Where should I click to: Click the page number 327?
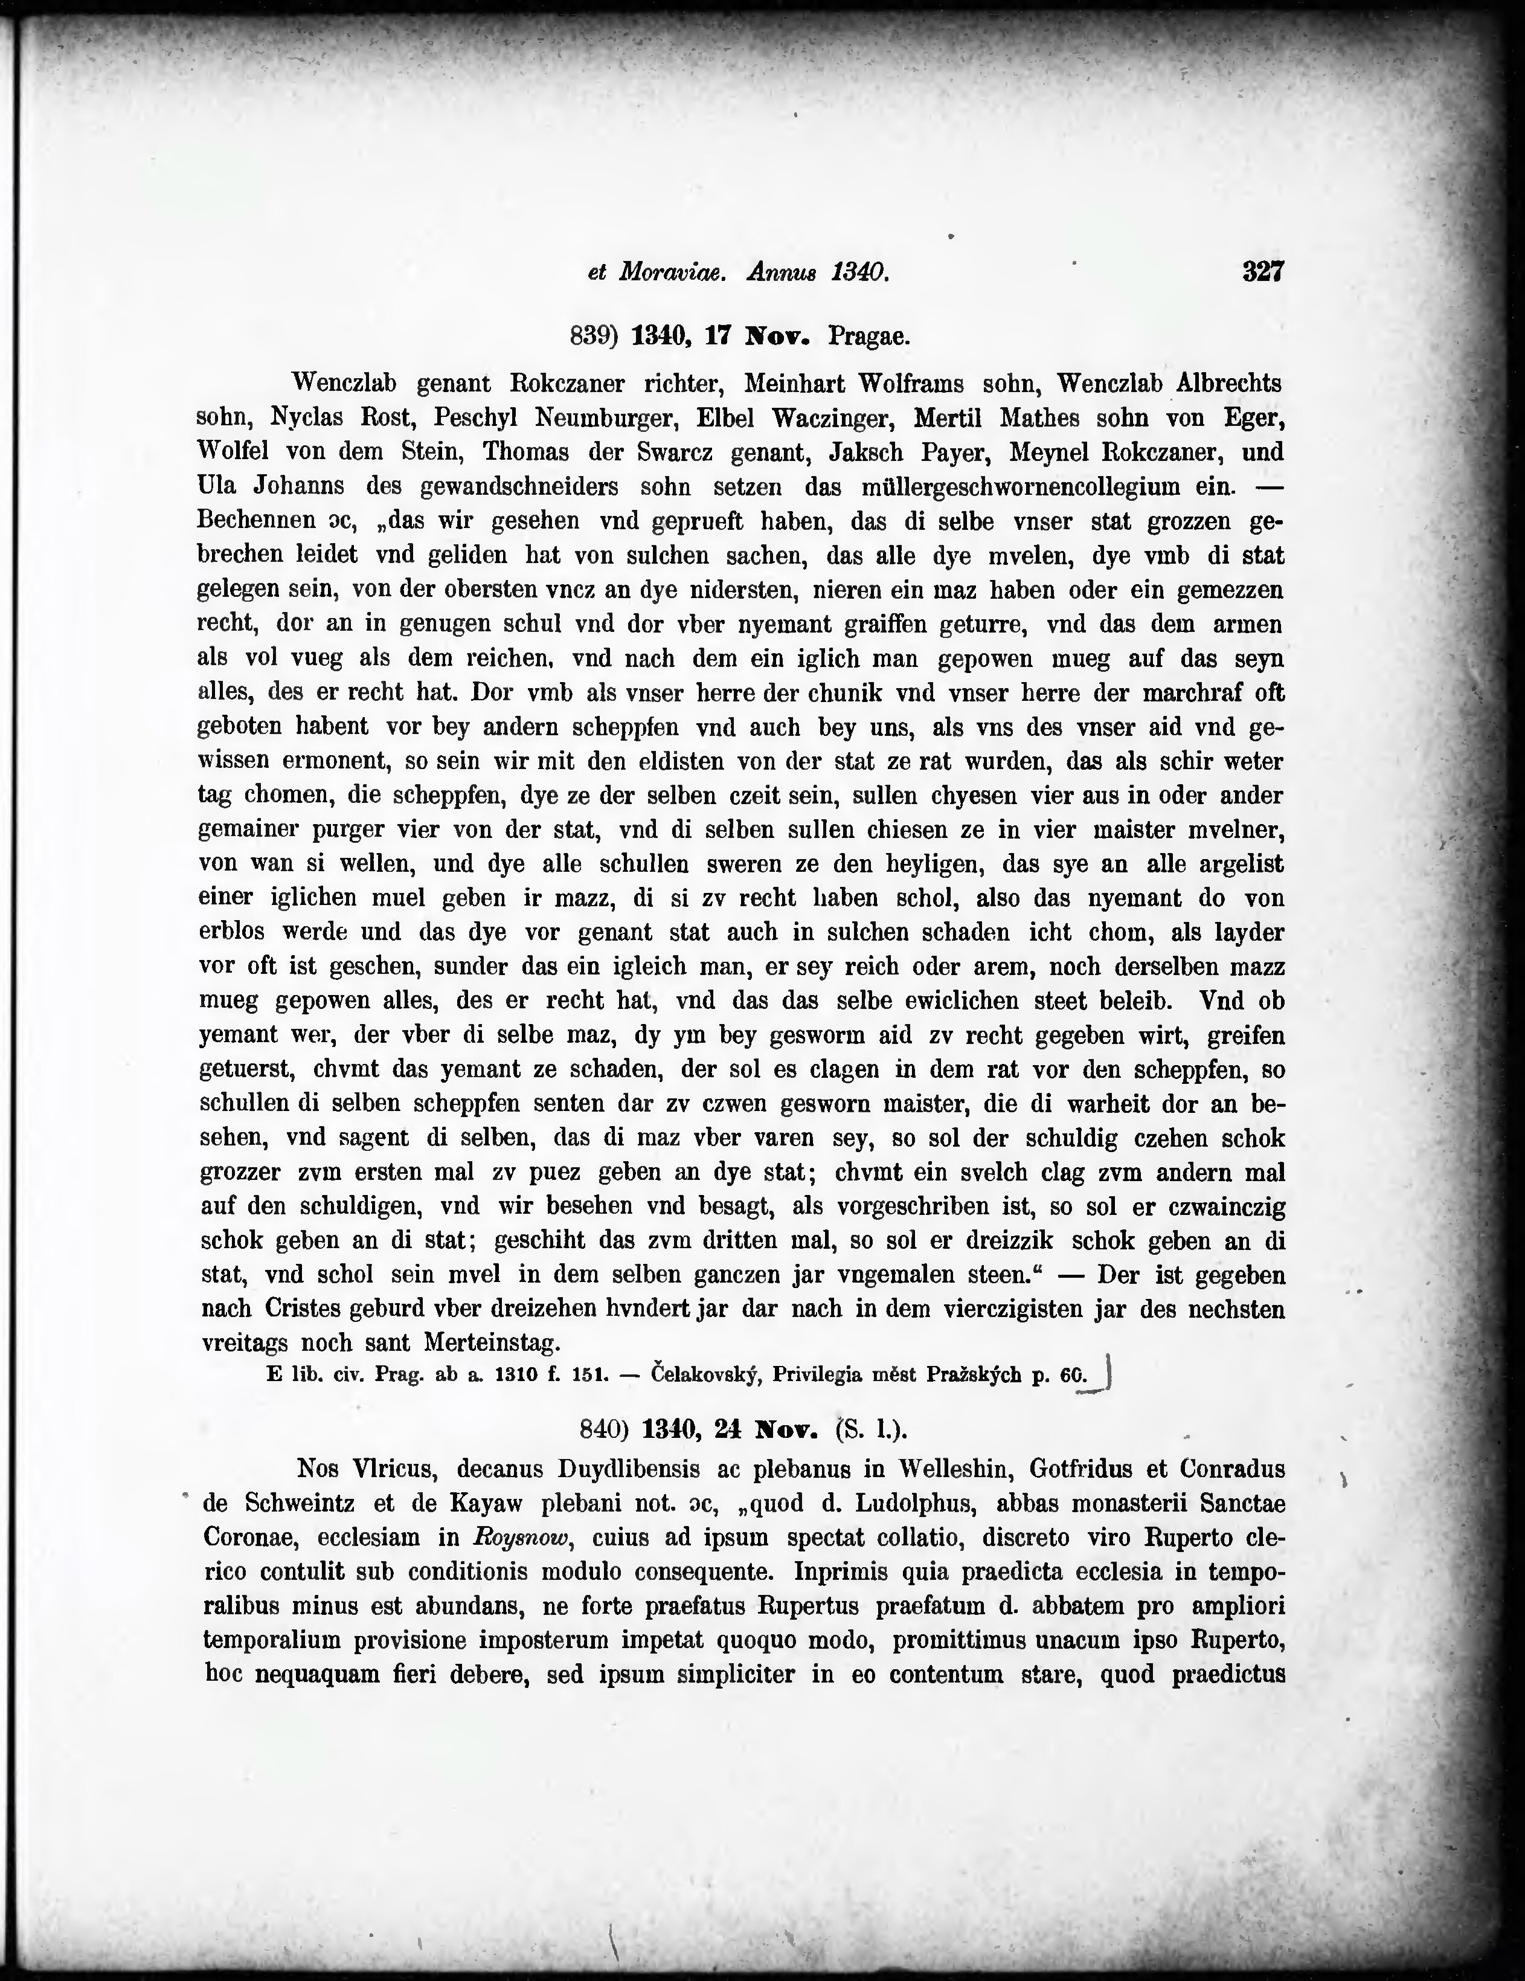pos(1262,271)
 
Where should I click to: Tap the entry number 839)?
pos(593,337)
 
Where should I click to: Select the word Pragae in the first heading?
pos(868,337)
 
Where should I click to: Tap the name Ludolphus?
pos(907,1504)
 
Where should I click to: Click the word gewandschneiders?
pos(519,487)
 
